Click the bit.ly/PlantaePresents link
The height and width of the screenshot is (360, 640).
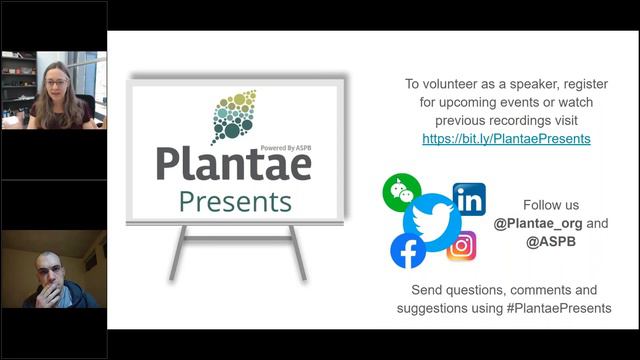tap(506, 139)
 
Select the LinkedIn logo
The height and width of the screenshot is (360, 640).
tap(469, 198)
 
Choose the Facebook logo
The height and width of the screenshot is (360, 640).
tap(408, 251)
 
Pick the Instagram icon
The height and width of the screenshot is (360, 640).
tap(461, 245)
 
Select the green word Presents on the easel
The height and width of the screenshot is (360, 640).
tap(235, 201)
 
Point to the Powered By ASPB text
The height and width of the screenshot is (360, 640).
tap(284, 147)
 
